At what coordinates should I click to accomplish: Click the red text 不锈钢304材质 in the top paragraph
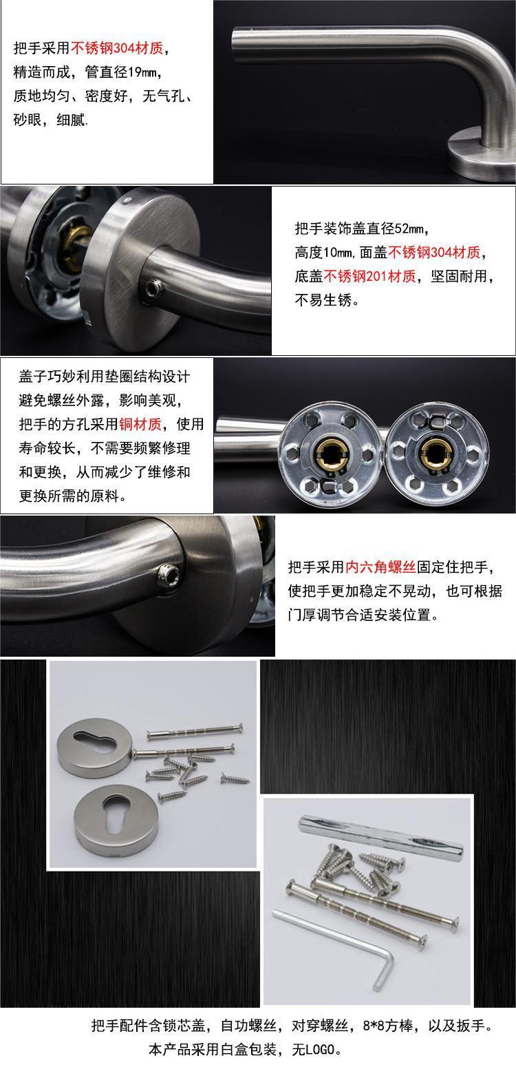[117, 48]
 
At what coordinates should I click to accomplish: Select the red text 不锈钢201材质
[369, 276]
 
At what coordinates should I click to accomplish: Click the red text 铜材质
[140, 424]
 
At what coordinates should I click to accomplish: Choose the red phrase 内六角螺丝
[380, 567]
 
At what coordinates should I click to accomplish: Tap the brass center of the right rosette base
[436, 453]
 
